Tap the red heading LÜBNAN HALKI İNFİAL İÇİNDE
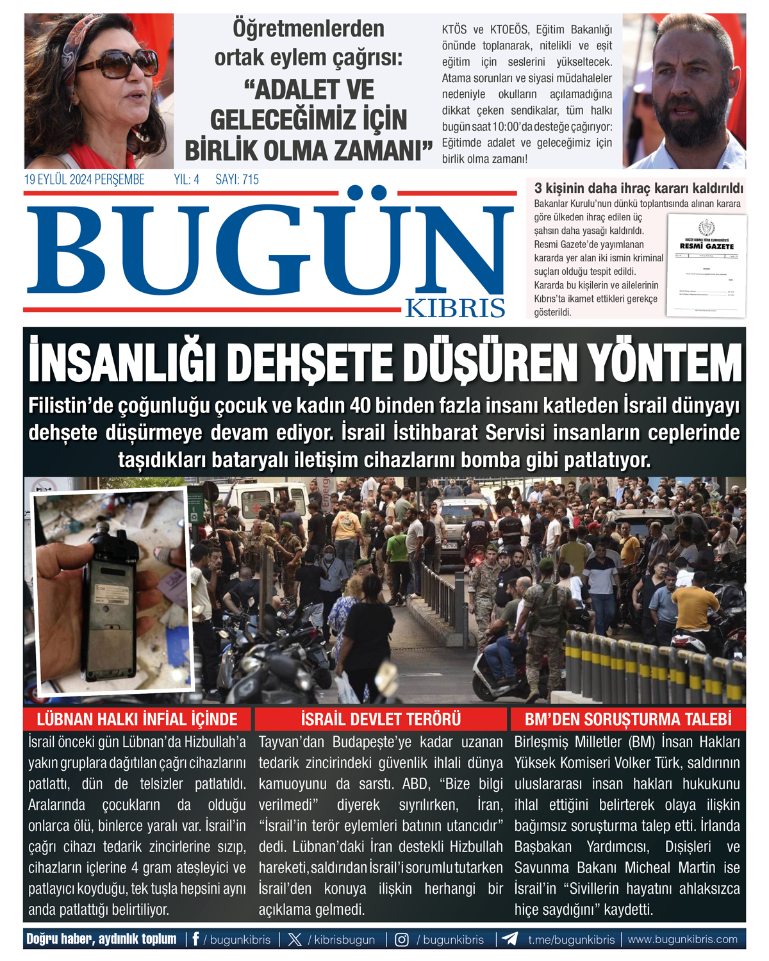click(137, 719)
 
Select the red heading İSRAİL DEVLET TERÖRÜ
click(381, 719)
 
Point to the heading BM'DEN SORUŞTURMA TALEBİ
click(628, 719)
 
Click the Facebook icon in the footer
click(195, 939)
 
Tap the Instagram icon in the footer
click(402, 939)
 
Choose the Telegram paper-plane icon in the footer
click(510, 939)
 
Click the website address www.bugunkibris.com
click(682, 939)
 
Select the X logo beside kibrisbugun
click(295, 939)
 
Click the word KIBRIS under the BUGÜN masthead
click(455, 308)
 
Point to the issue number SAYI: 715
click(237, 180)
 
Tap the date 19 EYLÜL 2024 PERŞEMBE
click(85, 180)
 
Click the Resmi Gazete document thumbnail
click(706, 265)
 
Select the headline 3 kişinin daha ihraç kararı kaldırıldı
click(638, 188)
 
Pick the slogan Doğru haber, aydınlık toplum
click(101, 939)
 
